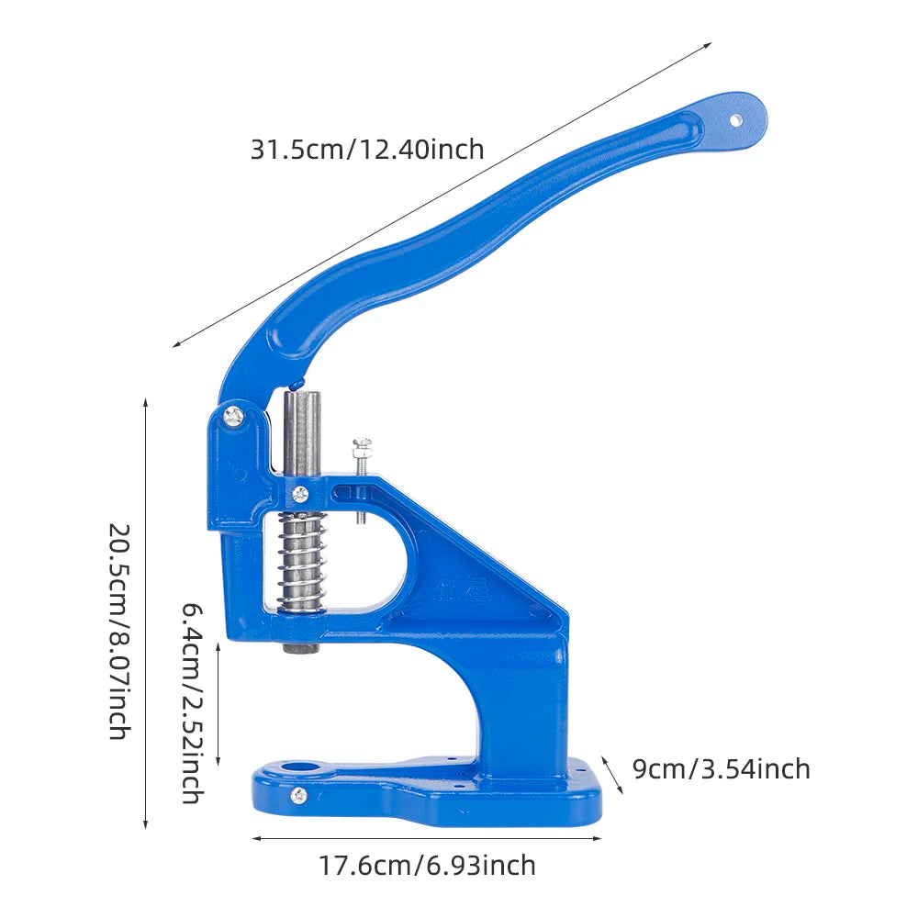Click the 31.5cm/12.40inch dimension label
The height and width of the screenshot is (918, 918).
(367, 150)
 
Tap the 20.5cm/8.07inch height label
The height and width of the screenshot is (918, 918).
(119, 632)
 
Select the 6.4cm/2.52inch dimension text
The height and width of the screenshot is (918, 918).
(192, 703)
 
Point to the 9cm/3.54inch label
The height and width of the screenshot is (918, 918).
(722, 768)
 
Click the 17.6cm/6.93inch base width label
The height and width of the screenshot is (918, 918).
(427, 866)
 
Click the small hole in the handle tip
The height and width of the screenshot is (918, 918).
(735, 120)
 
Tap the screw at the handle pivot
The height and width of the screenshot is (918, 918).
(234, 416)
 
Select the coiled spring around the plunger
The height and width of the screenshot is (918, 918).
(302, 562)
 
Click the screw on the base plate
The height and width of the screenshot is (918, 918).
(298, 796)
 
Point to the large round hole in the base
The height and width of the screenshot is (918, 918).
(301, 767)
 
